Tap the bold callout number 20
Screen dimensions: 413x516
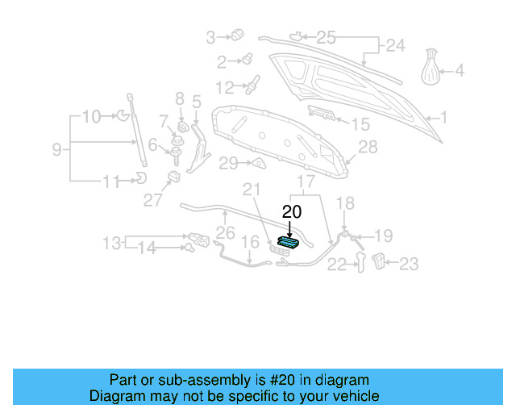tap(291, 212)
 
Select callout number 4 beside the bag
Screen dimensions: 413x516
tap(460, 71)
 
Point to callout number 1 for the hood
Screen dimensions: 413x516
tap(443, 118)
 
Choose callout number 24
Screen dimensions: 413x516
tap(394, 47)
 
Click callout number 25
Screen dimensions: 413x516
tap(325, 37)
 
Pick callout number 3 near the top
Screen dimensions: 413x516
tap(211, 36)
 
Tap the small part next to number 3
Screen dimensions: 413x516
tap(237, 35)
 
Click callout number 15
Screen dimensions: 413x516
tap(360, 124)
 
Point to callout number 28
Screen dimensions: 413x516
tap(368, 148)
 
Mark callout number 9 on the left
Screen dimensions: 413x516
tap(57, 149)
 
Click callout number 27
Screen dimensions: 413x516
tap(153, 201)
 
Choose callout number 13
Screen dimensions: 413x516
tap(112, 242)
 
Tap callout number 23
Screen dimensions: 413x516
tap(410, 263)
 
